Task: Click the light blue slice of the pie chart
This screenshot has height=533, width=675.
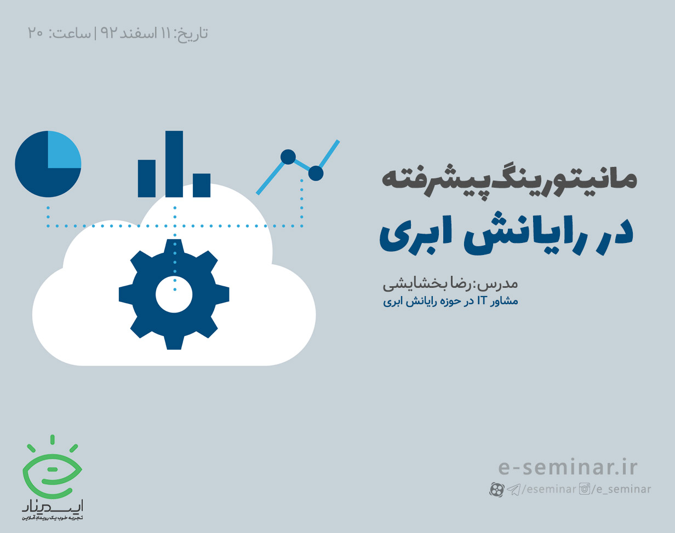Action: [x=63, y=149]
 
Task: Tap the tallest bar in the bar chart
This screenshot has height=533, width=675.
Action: [x=174, y=164]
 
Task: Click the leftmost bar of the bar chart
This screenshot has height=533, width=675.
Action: [x=146, y=178]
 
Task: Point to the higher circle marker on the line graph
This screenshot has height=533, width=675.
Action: [x=288, y=157]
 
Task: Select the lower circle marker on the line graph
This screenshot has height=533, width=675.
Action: [x=316, y=173]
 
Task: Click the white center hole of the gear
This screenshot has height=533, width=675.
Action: [x=174, y=294]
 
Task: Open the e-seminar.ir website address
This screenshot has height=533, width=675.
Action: [x=568, y=468]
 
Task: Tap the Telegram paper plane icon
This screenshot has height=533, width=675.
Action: [x=513, y=489]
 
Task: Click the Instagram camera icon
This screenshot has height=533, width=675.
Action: [x=585, y=489]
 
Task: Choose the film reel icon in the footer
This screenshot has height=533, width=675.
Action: [x=496, y=489]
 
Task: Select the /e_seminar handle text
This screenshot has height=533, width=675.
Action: [x=621, y=489]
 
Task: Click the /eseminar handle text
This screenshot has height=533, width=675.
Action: [x=548, y=489]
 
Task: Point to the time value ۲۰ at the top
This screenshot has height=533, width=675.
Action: [x=36, y=33]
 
